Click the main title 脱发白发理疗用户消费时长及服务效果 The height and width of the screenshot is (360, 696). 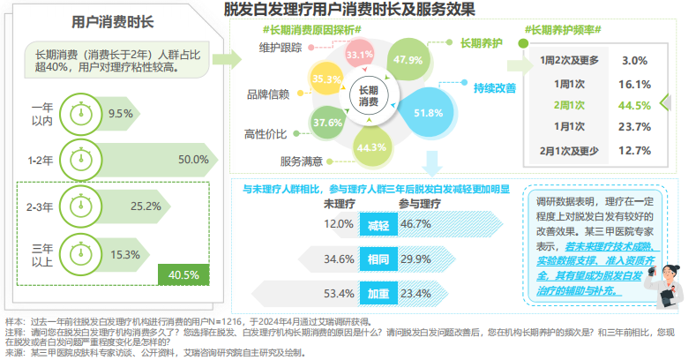349,11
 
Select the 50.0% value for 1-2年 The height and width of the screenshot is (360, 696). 192,160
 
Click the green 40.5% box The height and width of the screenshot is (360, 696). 183,274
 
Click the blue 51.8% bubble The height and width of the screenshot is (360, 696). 427,112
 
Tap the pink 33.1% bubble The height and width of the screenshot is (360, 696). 359,55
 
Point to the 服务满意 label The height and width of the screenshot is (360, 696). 301,161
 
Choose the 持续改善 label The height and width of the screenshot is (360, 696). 495,87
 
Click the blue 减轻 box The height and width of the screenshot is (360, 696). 378,225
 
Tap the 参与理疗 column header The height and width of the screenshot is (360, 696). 420,204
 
